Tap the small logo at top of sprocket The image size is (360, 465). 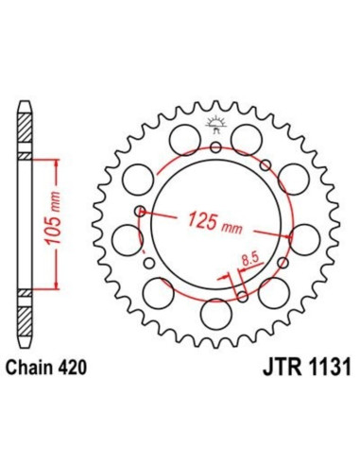pyautogui.click(x=216, y=122)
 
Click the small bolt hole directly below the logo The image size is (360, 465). pyautogui.click(x=216, y=147)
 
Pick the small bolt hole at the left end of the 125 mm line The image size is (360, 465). pyautogui.click(x=141, y=212)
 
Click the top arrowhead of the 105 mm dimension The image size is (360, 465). pyautogui.click(x=60, y=162)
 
